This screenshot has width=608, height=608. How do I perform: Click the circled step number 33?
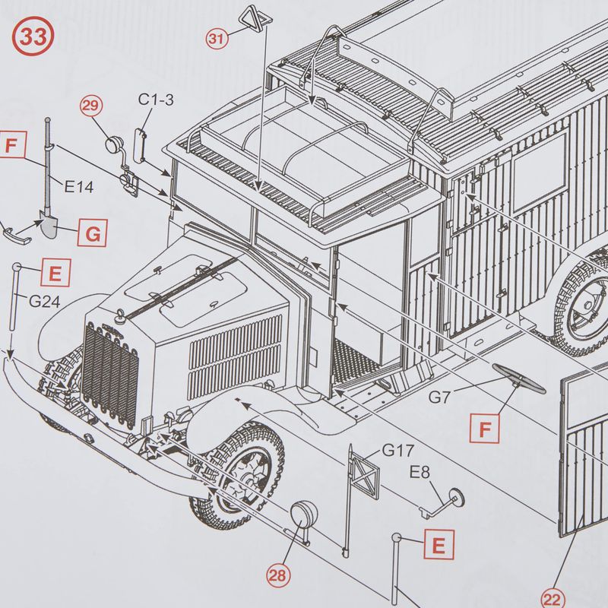[x=33, y=36]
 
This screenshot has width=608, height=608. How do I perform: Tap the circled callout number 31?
[x=217, y=39]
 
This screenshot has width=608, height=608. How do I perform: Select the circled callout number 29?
[x=90, y=106]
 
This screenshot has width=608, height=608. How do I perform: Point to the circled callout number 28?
[x=278, y=575]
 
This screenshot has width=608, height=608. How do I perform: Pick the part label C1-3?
[x=156, y=100]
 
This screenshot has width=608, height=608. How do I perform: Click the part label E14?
[x=79, y=187]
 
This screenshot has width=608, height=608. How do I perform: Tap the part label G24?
[x=45, y=301]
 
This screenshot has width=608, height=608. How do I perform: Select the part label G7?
[x=439, y=397]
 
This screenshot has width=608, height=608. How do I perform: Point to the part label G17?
[x=398, y=450]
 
